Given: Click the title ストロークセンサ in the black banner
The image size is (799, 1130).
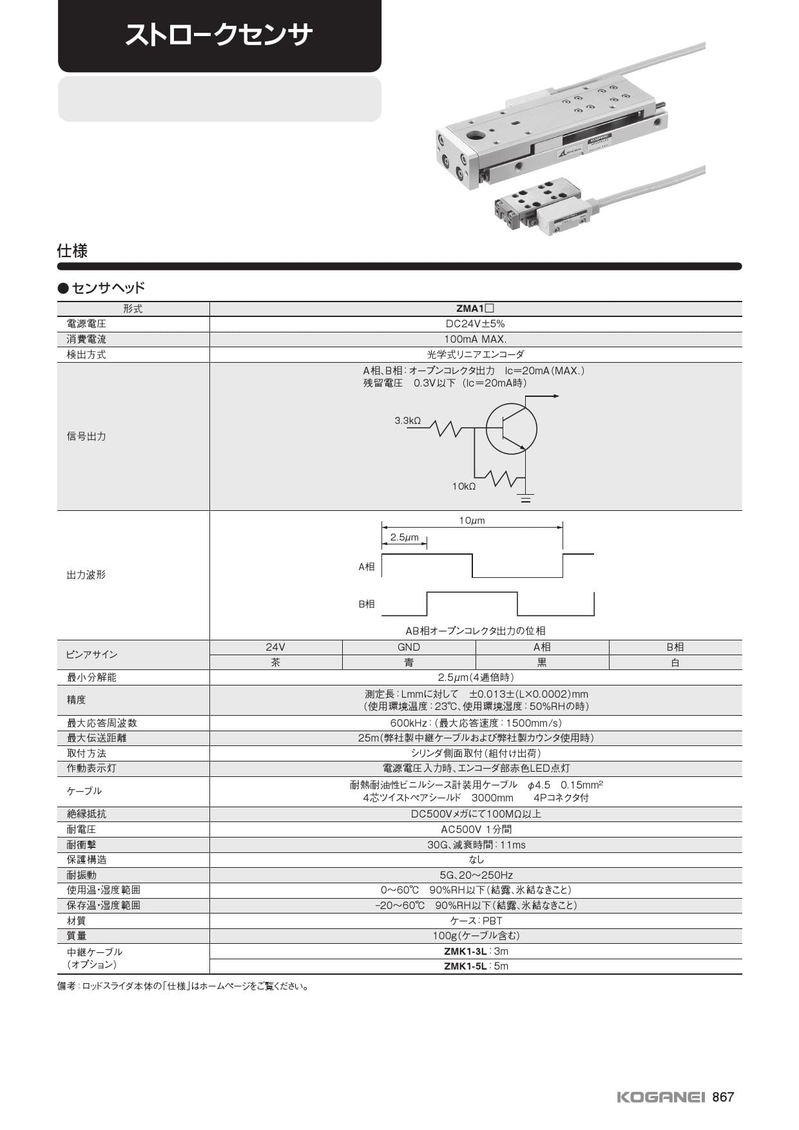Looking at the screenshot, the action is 219,35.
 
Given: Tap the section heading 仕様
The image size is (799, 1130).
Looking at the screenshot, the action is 72,251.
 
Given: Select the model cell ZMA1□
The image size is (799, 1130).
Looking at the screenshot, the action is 475,309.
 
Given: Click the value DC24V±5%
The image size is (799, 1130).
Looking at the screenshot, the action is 476,324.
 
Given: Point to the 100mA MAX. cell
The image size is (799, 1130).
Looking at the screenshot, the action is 476,339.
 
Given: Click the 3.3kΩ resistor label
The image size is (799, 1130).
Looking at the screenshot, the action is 407,421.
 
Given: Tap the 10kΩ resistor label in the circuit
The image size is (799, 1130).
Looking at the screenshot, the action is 463,486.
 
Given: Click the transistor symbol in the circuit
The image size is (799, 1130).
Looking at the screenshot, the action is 511,428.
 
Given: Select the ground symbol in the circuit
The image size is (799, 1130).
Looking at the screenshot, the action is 526,498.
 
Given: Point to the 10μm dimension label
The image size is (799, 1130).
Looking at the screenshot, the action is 472,521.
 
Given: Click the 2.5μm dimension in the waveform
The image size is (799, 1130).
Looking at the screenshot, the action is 404,537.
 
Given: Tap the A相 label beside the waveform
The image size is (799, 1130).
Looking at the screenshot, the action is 366,567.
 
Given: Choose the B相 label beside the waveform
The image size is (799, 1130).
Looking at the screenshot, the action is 366,604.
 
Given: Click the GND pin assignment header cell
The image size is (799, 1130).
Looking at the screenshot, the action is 409,647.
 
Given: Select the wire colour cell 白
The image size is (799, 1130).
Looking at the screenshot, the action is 675,662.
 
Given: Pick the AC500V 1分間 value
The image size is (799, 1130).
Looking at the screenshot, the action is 476,829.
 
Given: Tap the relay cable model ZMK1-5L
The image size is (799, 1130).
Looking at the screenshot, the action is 465,966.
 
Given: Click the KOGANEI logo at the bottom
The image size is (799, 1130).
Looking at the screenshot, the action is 662,1097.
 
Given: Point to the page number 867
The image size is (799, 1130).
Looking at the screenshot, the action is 723,1097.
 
